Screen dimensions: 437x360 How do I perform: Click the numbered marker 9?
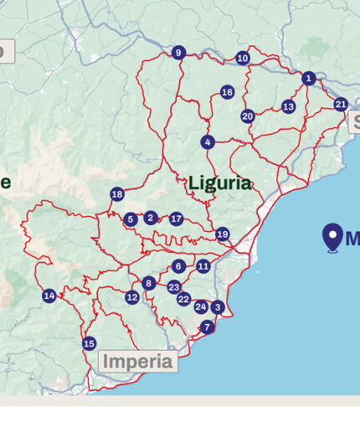pos(177,53)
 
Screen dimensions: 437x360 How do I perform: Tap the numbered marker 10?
pos(243,59)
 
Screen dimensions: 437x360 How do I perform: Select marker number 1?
pos(308,79)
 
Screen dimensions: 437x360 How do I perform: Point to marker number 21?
pos(340,105)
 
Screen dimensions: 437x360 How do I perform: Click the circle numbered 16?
pos(227,92)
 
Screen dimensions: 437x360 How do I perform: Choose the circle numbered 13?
pos(288,106)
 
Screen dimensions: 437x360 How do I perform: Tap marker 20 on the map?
pos(247,116)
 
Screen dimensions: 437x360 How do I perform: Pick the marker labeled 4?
pos(208,142)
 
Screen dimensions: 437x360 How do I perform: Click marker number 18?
pos(116,194)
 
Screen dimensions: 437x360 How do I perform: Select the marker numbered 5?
pos(130,220)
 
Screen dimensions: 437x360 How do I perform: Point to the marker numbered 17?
pos(176,219)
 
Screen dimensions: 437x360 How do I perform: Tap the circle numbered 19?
pos(222,234)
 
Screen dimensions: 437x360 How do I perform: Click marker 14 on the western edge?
pos(49,296)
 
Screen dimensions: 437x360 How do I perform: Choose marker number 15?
pos(89,343)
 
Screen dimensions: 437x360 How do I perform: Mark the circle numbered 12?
pos(132,297)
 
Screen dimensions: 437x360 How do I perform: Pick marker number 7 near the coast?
pos(207,327)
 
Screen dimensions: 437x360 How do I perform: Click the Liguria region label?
pos(219,183)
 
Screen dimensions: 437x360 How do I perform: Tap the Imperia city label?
pos(138,362)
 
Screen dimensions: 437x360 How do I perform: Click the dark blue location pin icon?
pos(332,237)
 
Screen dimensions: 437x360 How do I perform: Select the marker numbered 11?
pos(203,266)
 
